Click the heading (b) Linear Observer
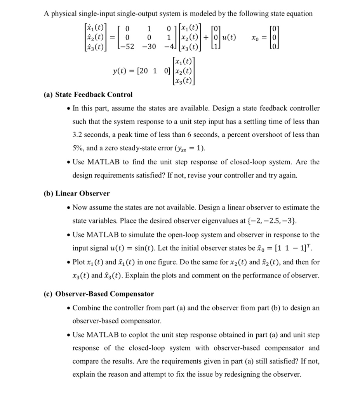[x=77, y=194]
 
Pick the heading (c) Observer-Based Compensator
[x=99, y=294]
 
